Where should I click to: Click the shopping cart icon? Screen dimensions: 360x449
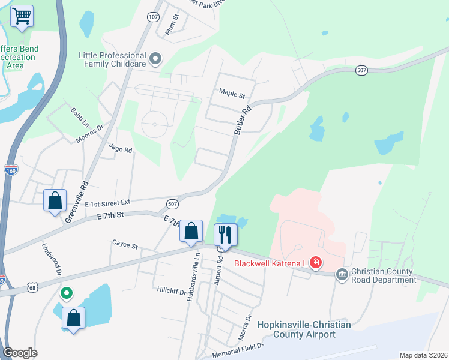[22, 16]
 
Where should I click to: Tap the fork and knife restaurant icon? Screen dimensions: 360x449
[226, 235]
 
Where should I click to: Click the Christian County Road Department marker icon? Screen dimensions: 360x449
[342, 274]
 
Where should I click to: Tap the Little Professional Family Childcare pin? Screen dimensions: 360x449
[156, 59]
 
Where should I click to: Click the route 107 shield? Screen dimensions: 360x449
[154, 17]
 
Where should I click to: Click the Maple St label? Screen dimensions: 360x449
[232, 95]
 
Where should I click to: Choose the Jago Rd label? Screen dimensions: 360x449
[120, 148]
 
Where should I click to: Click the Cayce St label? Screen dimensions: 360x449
[125, 245]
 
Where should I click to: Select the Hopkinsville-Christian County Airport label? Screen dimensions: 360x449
[304, 329]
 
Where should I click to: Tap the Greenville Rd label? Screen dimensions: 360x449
[77, 202]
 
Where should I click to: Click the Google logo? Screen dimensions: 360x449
[20, 353]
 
